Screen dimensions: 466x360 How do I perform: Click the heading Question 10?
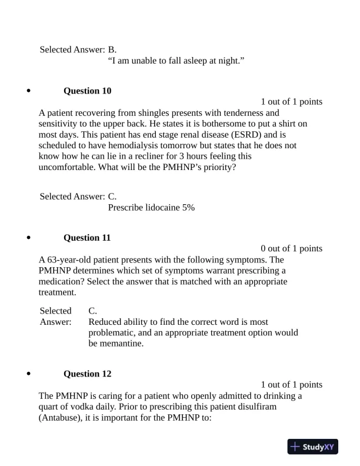tap(87, 91)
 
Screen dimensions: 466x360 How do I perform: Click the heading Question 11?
tap(87, 238)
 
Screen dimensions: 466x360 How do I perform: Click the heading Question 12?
tap(87, 374)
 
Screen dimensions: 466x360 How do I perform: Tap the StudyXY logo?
tap(311, 447)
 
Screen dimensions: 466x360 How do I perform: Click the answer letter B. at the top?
tap(112, 49)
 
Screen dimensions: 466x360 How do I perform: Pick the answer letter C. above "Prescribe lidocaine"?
tap(112, 196)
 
